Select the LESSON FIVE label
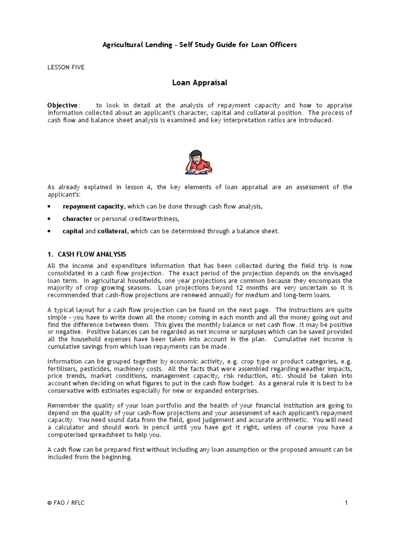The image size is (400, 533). click(x=66, y=68)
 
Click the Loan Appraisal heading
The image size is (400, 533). click(x=199, y=82)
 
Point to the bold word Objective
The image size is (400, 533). click(x=63, y=106)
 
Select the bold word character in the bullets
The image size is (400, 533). click(x=78, y=219)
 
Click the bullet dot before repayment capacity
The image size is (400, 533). click(x=49, y=207)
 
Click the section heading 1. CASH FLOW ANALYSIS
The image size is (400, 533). click(x=86, y=254)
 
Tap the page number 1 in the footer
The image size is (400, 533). click(x=345, y=503)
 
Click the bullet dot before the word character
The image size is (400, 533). click(x=49, y=219)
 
